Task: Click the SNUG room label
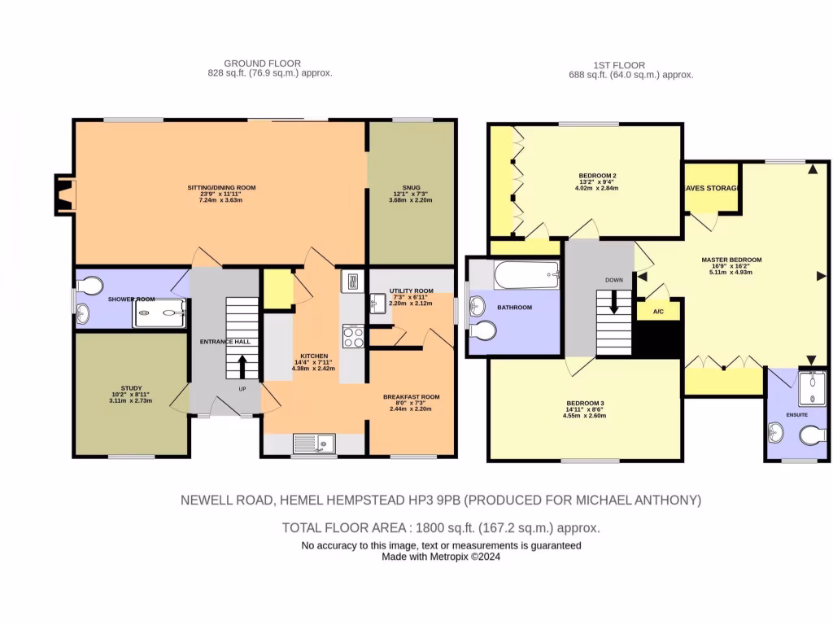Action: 411,188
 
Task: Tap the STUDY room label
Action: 131,388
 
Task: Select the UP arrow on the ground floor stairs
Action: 242,367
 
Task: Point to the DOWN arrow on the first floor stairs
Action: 613,302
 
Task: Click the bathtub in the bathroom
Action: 526,275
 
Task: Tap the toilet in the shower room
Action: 90,285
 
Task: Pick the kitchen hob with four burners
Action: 353,336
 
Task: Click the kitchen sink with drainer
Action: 314,444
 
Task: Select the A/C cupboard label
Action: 658,312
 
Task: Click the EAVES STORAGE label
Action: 711,188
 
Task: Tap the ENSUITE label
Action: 797,414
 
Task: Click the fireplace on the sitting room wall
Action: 65,195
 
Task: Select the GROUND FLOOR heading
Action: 263,63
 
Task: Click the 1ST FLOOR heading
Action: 619,65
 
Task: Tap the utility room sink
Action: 377,304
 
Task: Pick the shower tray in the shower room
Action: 159,313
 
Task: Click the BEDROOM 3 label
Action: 585,404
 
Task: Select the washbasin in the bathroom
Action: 478,307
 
